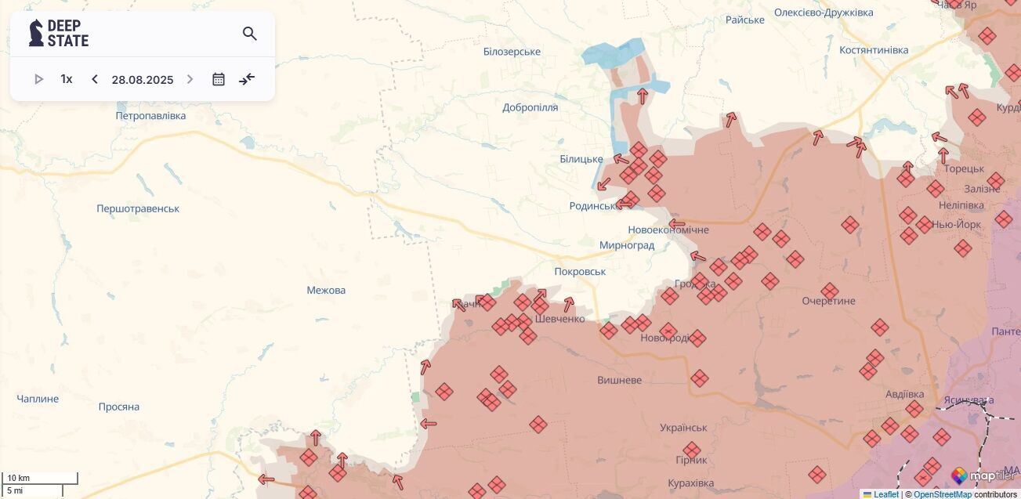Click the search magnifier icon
pos(250,34)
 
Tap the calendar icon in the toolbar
pos(219,79)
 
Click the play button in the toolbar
pos(38,79)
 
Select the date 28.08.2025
pos(143,80)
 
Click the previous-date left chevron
pos(95,79)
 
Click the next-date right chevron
pos(190,79)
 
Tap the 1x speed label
pos(67,79)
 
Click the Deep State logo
pos(59,33)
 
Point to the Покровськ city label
pos(580,272)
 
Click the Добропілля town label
pos(530,107)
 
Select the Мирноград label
pos(627,245)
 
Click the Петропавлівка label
pos(150,116)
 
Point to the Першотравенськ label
pos(138,209)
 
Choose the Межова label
pos(326,291)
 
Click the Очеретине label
pos(829,302)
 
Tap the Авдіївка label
pos(904,394)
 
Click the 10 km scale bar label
pos(19,478)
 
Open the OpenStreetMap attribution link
pos(942,494)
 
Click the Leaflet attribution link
pos(885,494)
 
